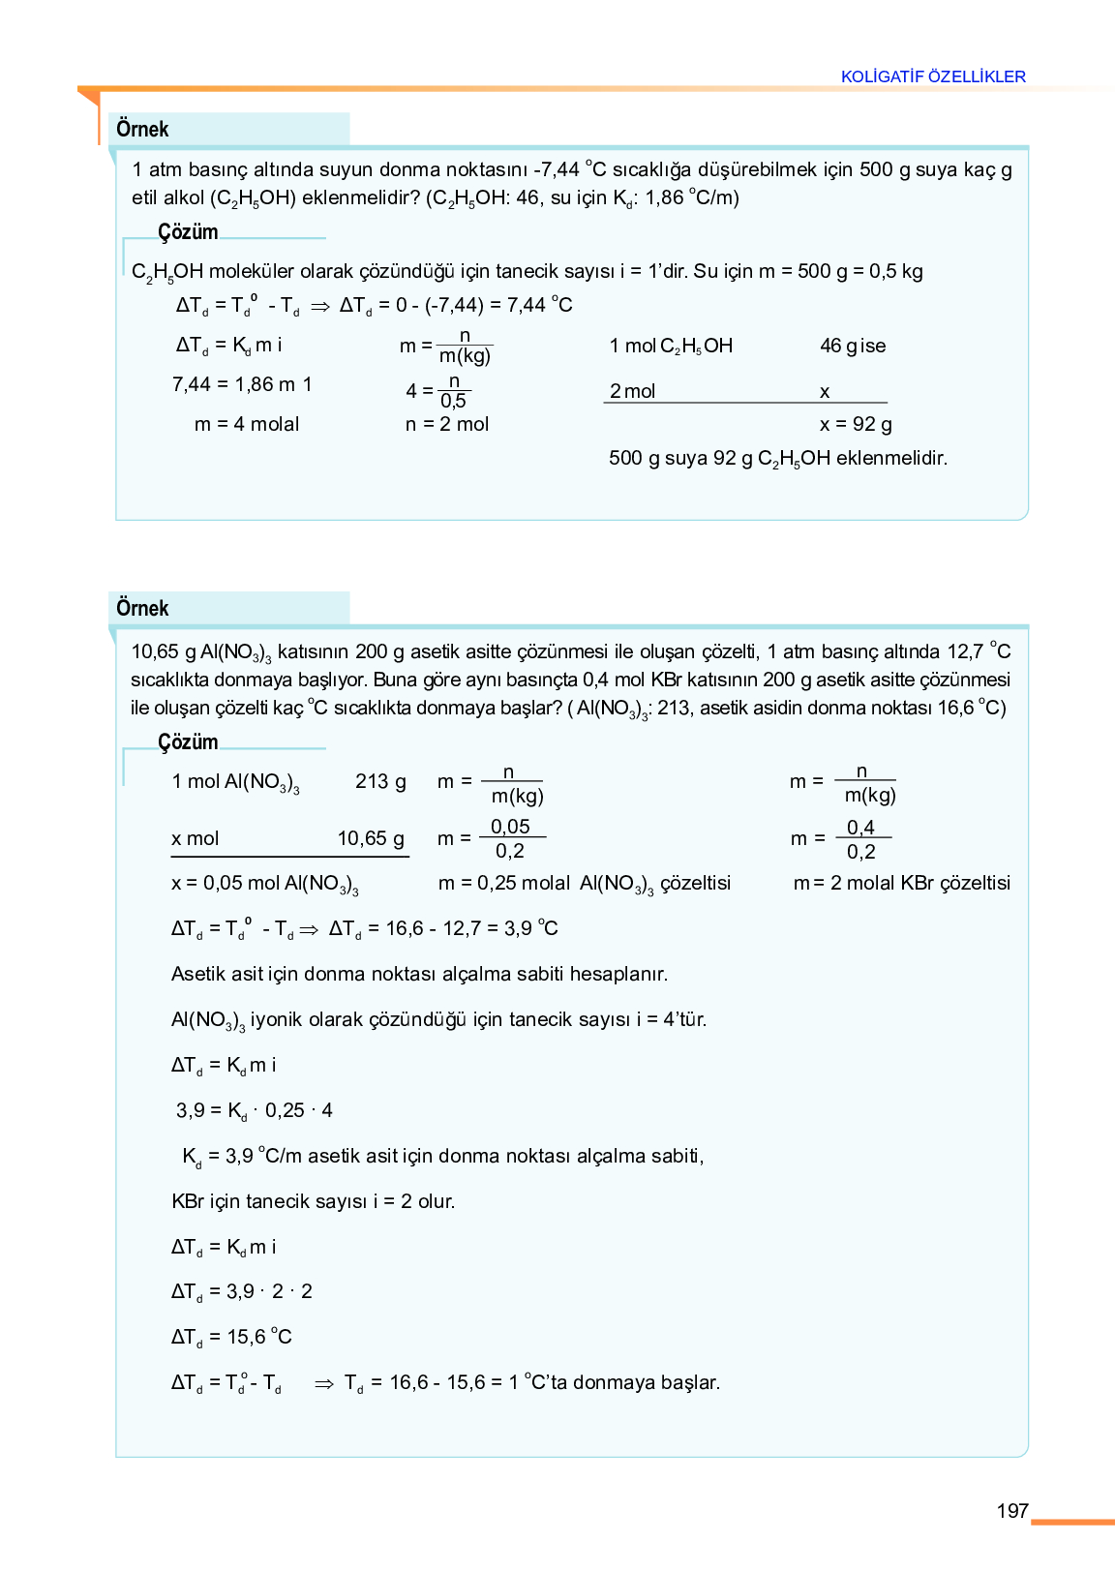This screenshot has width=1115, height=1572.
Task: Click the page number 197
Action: pos(1011,1511)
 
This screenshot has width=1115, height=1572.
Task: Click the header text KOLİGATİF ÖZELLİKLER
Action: pos(933,76)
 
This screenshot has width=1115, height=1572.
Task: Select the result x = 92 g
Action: pos(856,424)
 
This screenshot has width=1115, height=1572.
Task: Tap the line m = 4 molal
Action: pos(247,424)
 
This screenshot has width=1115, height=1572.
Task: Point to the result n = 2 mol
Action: pos(447,424)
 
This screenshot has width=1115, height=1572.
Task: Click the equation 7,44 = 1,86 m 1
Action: pos(242,384)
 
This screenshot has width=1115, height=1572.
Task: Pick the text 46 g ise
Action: pos(853,346)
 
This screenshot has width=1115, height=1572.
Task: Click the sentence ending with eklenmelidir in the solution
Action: pos(777,459)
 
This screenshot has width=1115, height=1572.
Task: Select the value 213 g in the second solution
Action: pos(380,781)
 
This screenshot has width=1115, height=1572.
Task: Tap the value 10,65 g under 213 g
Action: pos(371,838)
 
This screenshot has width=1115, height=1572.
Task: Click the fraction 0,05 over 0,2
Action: pos(510,838)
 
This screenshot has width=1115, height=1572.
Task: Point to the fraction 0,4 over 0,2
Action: pos(860,839)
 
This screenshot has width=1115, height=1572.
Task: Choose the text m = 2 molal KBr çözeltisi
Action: pos(902,883)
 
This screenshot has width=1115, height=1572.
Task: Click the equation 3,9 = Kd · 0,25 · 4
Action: pos(255,1110)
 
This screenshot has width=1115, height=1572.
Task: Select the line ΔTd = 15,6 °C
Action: pos(231,1337)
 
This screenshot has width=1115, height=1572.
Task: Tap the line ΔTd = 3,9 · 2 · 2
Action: pos(241,1291)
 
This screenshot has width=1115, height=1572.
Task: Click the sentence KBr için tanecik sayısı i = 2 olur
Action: pos(313,1201)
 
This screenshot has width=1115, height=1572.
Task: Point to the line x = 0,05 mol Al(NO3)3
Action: pos(264,884)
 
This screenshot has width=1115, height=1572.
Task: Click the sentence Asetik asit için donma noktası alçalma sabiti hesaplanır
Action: pos(419,974)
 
